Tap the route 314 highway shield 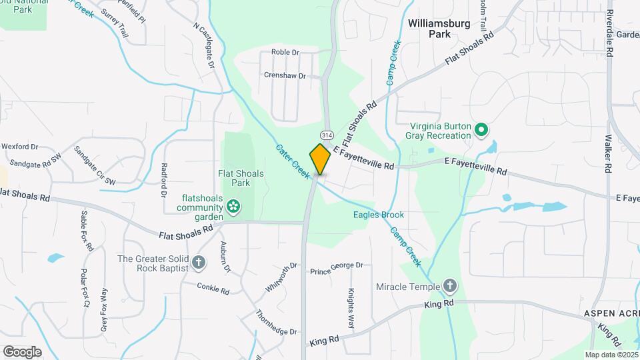(x=327, y=126)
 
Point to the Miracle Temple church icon (x=450, y=287)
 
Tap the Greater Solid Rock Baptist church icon (x=198, y=263)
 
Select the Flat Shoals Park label (x=241, y=178)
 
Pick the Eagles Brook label (x=379, y=215)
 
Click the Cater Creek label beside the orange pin (x=293, y=160)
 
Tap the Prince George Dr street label (x=337, y=268)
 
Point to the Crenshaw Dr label (x=284, y=76)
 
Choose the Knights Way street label (x=351, y=307)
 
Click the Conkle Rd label (x=213, y=288)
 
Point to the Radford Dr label (x=163, y=180)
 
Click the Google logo (x=22, y=351)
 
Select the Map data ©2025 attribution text (x=611, y=354)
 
